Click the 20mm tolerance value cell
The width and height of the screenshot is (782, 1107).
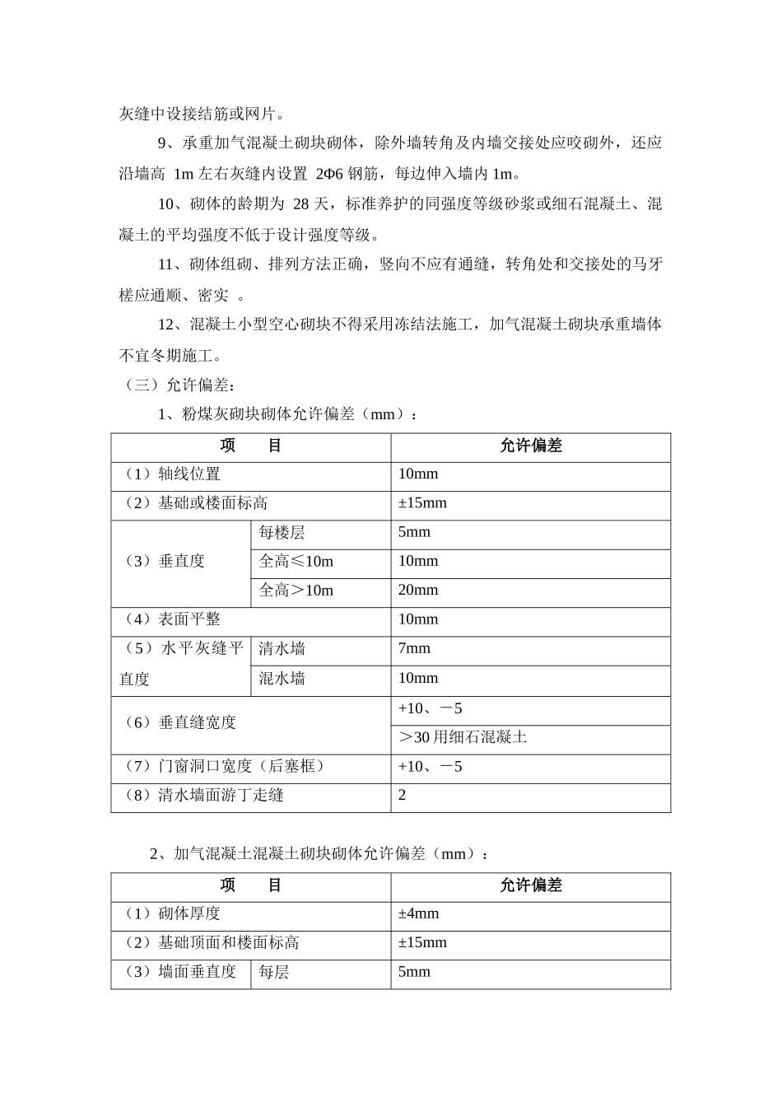click(x=418, y=591)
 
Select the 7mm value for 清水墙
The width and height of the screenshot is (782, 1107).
click(x=414, y=649)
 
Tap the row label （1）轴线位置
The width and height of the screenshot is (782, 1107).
click(x=172, y=474)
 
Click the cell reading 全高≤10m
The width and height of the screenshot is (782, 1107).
click(x=296, y=562)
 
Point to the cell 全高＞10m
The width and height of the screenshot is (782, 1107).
click(x=296, y=591)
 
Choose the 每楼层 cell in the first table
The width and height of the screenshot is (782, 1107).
click(x=282, y=533)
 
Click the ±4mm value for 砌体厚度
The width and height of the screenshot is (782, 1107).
click(x=418, y=913)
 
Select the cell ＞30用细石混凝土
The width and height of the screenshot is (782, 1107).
click(x=462, y=737)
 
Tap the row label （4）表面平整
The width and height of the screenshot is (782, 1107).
click(x=172, y=619)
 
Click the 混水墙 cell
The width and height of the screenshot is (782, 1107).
click(x=282, y=679)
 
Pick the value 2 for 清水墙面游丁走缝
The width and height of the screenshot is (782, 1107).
click(x=402, y=796)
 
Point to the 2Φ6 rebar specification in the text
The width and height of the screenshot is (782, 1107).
click(x=333, y=175)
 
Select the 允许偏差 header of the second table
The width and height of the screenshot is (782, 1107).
click(x=530, y=885)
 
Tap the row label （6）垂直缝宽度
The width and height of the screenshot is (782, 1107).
click(x=179, y=723)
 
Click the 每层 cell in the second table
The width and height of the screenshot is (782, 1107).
click(x=273, y=973)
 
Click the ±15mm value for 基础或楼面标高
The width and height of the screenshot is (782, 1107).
click(x=422, y=503)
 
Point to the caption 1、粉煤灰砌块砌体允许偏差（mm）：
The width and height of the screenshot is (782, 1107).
click(x=287, y=414)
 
